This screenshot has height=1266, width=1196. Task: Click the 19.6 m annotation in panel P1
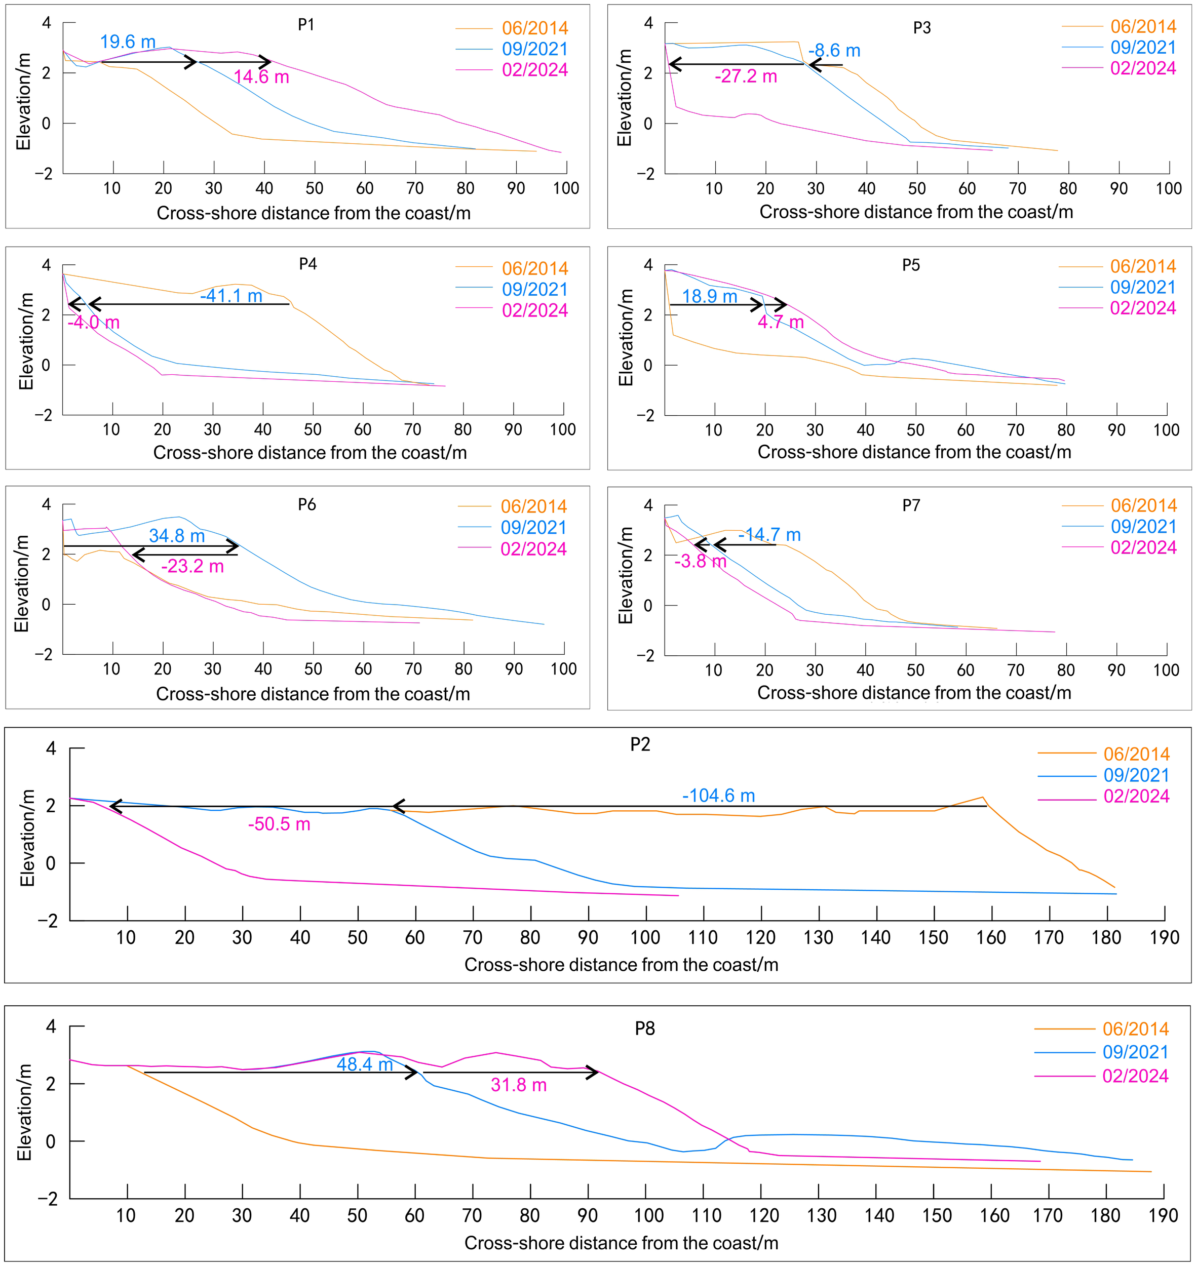[128, 42]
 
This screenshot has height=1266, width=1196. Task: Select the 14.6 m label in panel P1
[261, 77]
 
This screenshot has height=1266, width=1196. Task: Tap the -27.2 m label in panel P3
[746, 76]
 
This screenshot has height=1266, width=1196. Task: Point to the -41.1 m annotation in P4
[232, 296]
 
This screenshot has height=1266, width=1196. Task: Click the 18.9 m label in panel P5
[710, 296]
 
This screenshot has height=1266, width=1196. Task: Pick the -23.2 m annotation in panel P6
[192, 566]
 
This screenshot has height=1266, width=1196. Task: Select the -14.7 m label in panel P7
[769, 535]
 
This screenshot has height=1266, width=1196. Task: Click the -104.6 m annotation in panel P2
[718, 796]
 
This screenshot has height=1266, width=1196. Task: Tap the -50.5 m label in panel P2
[279, 824]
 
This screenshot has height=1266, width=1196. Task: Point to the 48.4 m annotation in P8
[365, 1064]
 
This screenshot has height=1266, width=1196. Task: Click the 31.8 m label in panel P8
[519, 1085]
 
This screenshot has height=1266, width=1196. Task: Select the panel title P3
[922, 27]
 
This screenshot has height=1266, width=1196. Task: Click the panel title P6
[306, 505]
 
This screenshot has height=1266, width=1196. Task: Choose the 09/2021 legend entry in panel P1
[534, 49]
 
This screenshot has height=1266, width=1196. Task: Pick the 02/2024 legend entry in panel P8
[1135, 1076]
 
